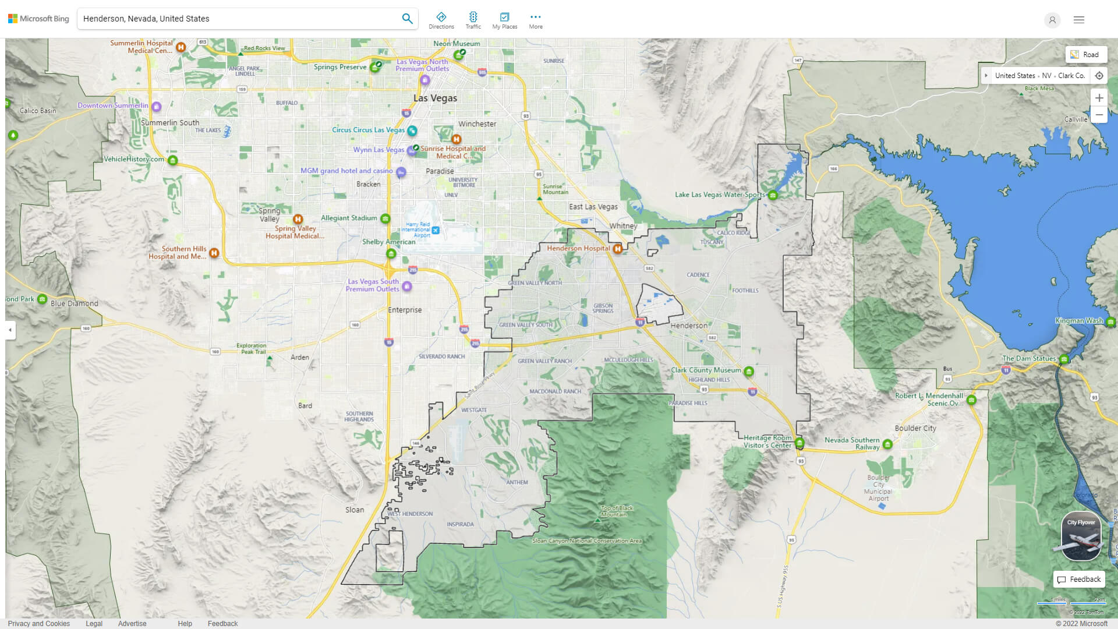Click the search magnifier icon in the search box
click(407, 19)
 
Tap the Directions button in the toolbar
click(441, 20)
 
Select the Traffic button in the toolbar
click(473, 20)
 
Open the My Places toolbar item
click(504, 20)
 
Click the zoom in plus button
click(1099, 98)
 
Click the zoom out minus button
click(1099, 115)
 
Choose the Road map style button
click(1085, 55)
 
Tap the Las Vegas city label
click(435, 98)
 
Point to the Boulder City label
click(915, 428)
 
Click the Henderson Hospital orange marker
click(617, 249)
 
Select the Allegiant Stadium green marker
click(385, 218)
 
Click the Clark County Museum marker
click(749, 371)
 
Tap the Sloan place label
click(354, 510)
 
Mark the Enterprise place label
click(405, 310)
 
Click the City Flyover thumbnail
click(1081, 536)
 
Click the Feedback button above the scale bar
click(1079, 579)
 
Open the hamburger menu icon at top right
click(1078, 20)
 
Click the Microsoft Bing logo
click(38, 19)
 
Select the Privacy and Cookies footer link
click(39, 623)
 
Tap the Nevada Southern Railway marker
click(887, 444)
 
